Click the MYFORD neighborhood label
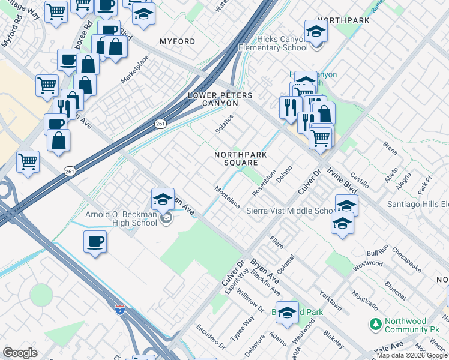click(177, 41)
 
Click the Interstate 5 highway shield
click(120, 310)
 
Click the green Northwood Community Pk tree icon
click(375, 324)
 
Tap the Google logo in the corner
click(20, 353)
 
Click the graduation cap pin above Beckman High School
click(163, 199)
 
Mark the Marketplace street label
click(134, 70)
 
